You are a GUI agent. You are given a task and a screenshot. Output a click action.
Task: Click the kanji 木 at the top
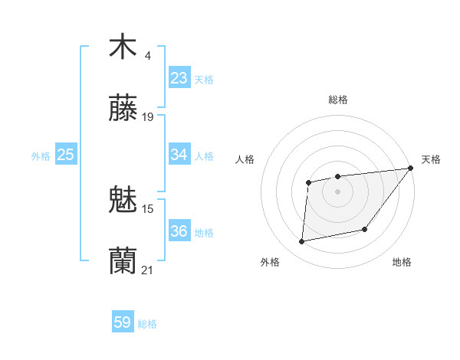pyautogui.click(x=123, y=47)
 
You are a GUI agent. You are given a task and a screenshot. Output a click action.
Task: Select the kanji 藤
pyautogui.click(x=123, y=109)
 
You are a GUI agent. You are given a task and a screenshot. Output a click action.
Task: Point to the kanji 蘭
pyautogui.click(x=123, y=261)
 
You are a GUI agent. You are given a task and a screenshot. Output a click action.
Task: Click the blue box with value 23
pyautogui.click(x=179, y=78)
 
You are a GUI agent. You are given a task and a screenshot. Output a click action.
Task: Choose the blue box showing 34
pyautogui.click(x=179, y=155)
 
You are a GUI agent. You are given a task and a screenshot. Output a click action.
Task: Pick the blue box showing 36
pyautogui.click(x=179, y=231)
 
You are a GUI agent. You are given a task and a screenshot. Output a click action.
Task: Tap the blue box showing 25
pyautogui.click(x=66, y=155)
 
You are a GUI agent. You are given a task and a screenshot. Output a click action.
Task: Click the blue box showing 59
pyautogui.click(x=123, y=322)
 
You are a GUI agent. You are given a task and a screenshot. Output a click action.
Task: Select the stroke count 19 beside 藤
pyautogui.click(x=148, y=117)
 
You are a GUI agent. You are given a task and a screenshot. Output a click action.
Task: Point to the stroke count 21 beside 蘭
pyautogui.click(x=148, y=270)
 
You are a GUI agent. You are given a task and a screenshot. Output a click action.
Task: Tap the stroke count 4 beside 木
pyautogui.click(x=148, y=55)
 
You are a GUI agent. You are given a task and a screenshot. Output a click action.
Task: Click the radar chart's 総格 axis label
pyautogui.click(x=338, y=100)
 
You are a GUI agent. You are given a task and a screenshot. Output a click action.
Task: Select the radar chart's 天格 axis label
pyautogui.click(x=431, y=159)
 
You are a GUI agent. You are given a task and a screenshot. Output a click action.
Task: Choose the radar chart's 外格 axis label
pyautogui.click(x=270, y=263)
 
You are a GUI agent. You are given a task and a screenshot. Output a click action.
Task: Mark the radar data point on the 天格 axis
pyautogui.click(x=412, y=169)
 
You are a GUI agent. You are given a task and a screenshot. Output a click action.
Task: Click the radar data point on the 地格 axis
pyautogui.click(x=366, y=229)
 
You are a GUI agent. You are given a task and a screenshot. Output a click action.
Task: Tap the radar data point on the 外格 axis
pyautogui.click(x=302, y=242)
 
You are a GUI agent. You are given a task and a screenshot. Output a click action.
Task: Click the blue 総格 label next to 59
pyautogui.click(x=147, y=324)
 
